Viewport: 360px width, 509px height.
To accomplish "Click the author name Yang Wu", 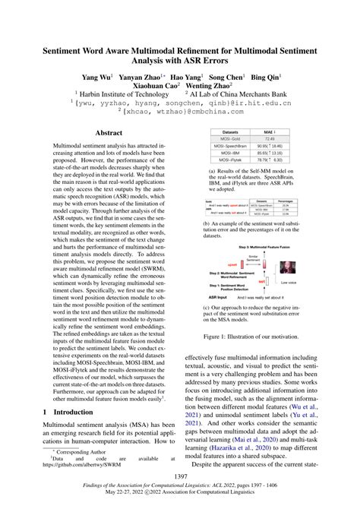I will [97, 77].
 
